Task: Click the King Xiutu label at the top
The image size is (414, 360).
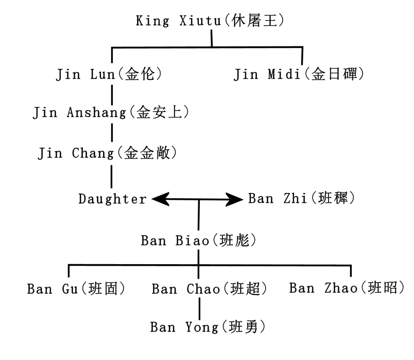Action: coord(211,21)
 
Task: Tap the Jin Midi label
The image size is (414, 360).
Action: coord(299,75)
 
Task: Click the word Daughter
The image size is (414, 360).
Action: coord(112,199)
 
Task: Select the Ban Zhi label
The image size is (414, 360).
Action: coord(301,199)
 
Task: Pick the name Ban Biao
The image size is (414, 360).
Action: coord(199,241)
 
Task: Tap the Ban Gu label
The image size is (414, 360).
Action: coord(76,288)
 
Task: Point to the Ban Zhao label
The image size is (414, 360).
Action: coord(347,287)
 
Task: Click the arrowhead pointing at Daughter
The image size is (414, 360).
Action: coord(160,199)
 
